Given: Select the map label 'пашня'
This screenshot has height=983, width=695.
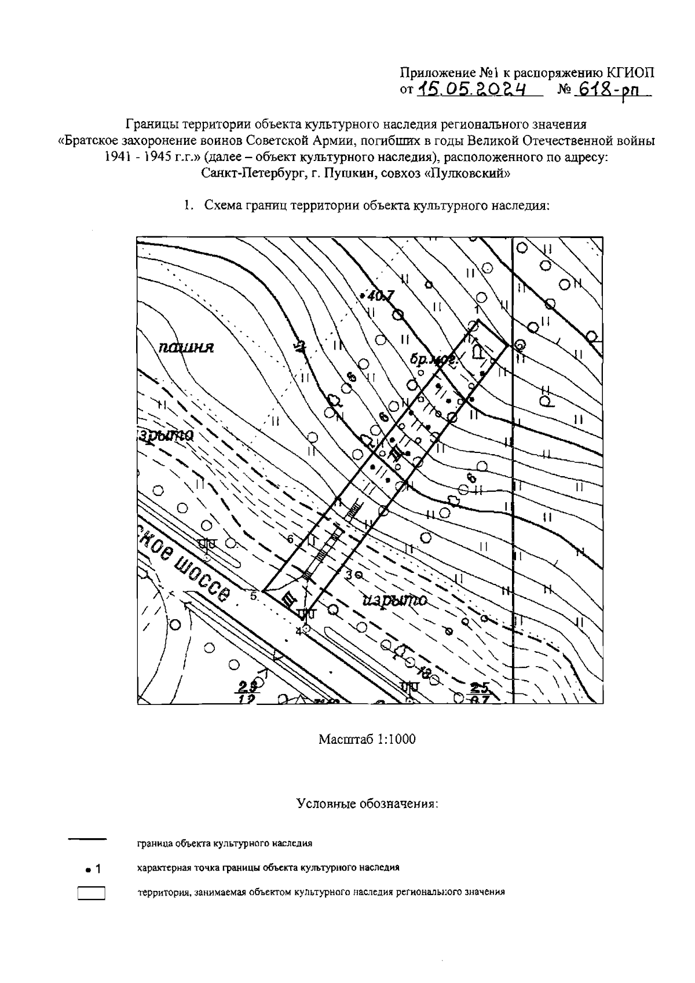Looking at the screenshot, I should pyautogui.click(x=186, y=347).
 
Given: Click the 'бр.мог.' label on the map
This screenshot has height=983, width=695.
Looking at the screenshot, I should pyautogui.click(x=434, y=360).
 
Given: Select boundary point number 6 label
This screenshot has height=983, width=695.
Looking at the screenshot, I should pyautogui.click(x=291, y=539).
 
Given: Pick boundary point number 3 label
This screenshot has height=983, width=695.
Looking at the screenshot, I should pyautogui.click(x=349, y=574).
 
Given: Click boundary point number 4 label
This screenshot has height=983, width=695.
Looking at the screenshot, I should pyautogui.click(x=299, y=631).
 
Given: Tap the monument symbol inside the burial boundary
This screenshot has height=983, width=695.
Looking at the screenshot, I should pyautogui.click(x=477, y=352).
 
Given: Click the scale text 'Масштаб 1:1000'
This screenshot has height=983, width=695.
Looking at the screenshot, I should pyautogui.click(x=367, y=740).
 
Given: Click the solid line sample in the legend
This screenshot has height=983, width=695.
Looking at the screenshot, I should pyautogui.click(x=88, y=839).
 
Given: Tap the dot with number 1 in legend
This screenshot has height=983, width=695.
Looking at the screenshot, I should pyautogui.click(x=92, y=869).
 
